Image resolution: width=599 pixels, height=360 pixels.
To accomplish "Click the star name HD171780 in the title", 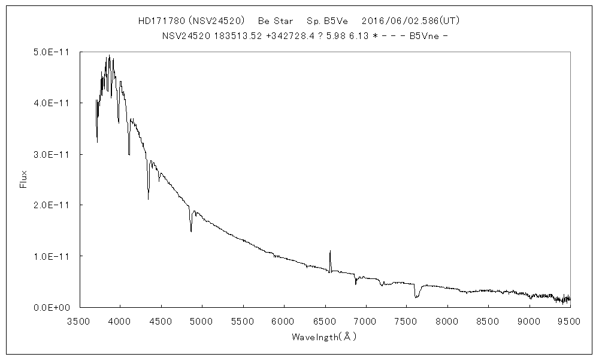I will pyautogui.click(x=157, y=21).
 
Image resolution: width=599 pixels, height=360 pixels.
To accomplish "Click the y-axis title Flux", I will pyautogui.click(x=24, y=179).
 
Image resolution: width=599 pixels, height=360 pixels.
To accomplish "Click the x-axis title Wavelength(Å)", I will pyautogui.click(x=324, y=337).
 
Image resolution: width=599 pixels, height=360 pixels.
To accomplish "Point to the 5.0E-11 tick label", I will pyautogui.click(x=51, y=52).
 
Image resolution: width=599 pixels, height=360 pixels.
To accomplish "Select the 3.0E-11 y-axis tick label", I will pyautogui.click(x=51, y=154).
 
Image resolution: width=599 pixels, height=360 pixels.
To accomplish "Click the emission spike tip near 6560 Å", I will pyautogui.click(x=330, y=251).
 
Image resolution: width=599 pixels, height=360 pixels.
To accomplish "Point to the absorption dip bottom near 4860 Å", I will pyautogui.click(x=191, y=231).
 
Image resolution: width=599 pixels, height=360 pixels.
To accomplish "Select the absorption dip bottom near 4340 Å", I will pyautogui.click(x=149, y=199).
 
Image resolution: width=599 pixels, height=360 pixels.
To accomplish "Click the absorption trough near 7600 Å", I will pyautogui.click(x=415, y=297).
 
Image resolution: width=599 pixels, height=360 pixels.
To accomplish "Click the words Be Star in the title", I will pyautogui.click(x=276, y=21).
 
